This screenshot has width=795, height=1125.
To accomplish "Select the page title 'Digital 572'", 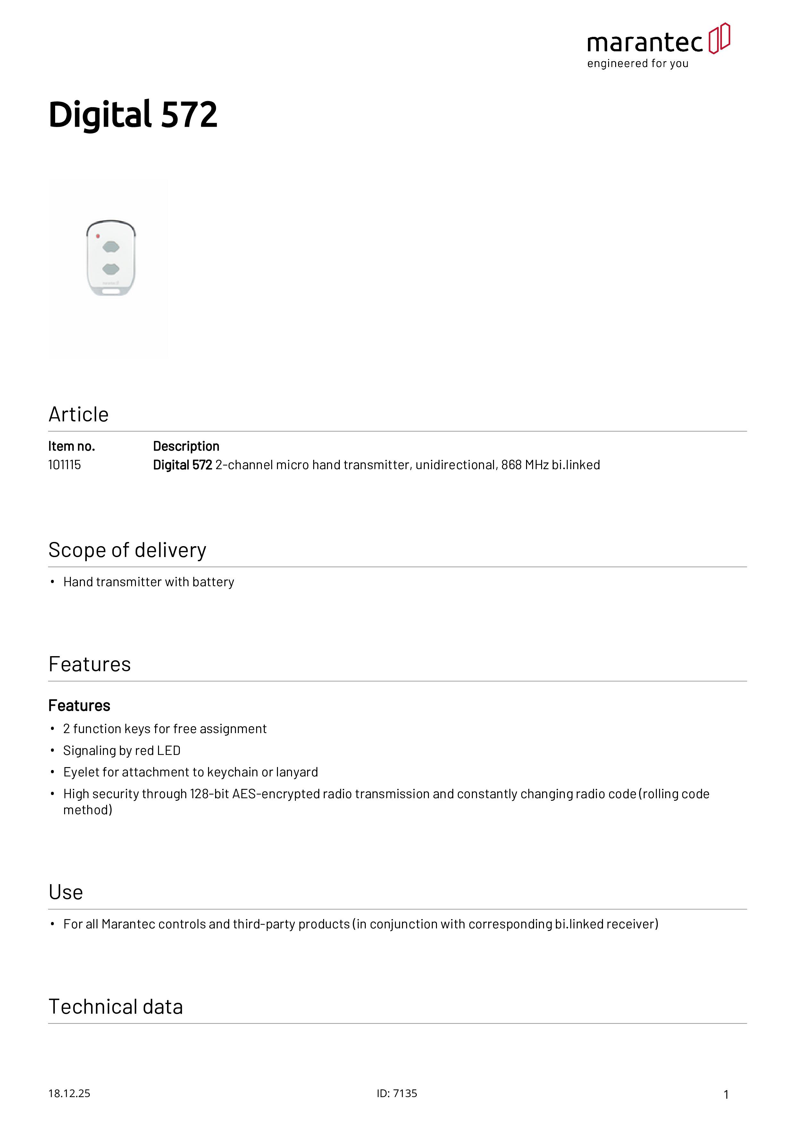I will tap(133, 115).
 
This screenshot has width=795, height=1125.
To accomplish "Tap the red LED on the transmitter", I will tap(98, 236).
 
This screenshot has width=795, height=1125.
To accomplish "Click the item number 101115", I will tap(64, 465).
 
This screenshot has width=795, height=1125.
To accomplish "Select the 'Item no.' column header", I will tap(71, 446).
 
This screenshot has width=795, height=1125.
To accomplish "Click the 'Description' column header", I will tap(186, 446).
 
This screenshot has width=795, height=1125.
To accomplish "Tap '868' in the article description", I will tap(511, 465).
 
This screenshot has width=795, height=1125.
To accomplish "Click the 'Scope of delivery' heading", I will tap(127, 550).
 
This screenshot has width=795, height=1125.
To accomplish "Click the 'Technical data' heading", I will tap(116, 1007).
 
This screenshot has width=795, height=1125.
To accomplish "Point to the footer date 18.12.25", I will tap(69, 1094).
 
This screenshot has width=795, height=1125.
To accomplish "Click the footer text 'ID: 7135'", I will tap(397, 1094).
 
